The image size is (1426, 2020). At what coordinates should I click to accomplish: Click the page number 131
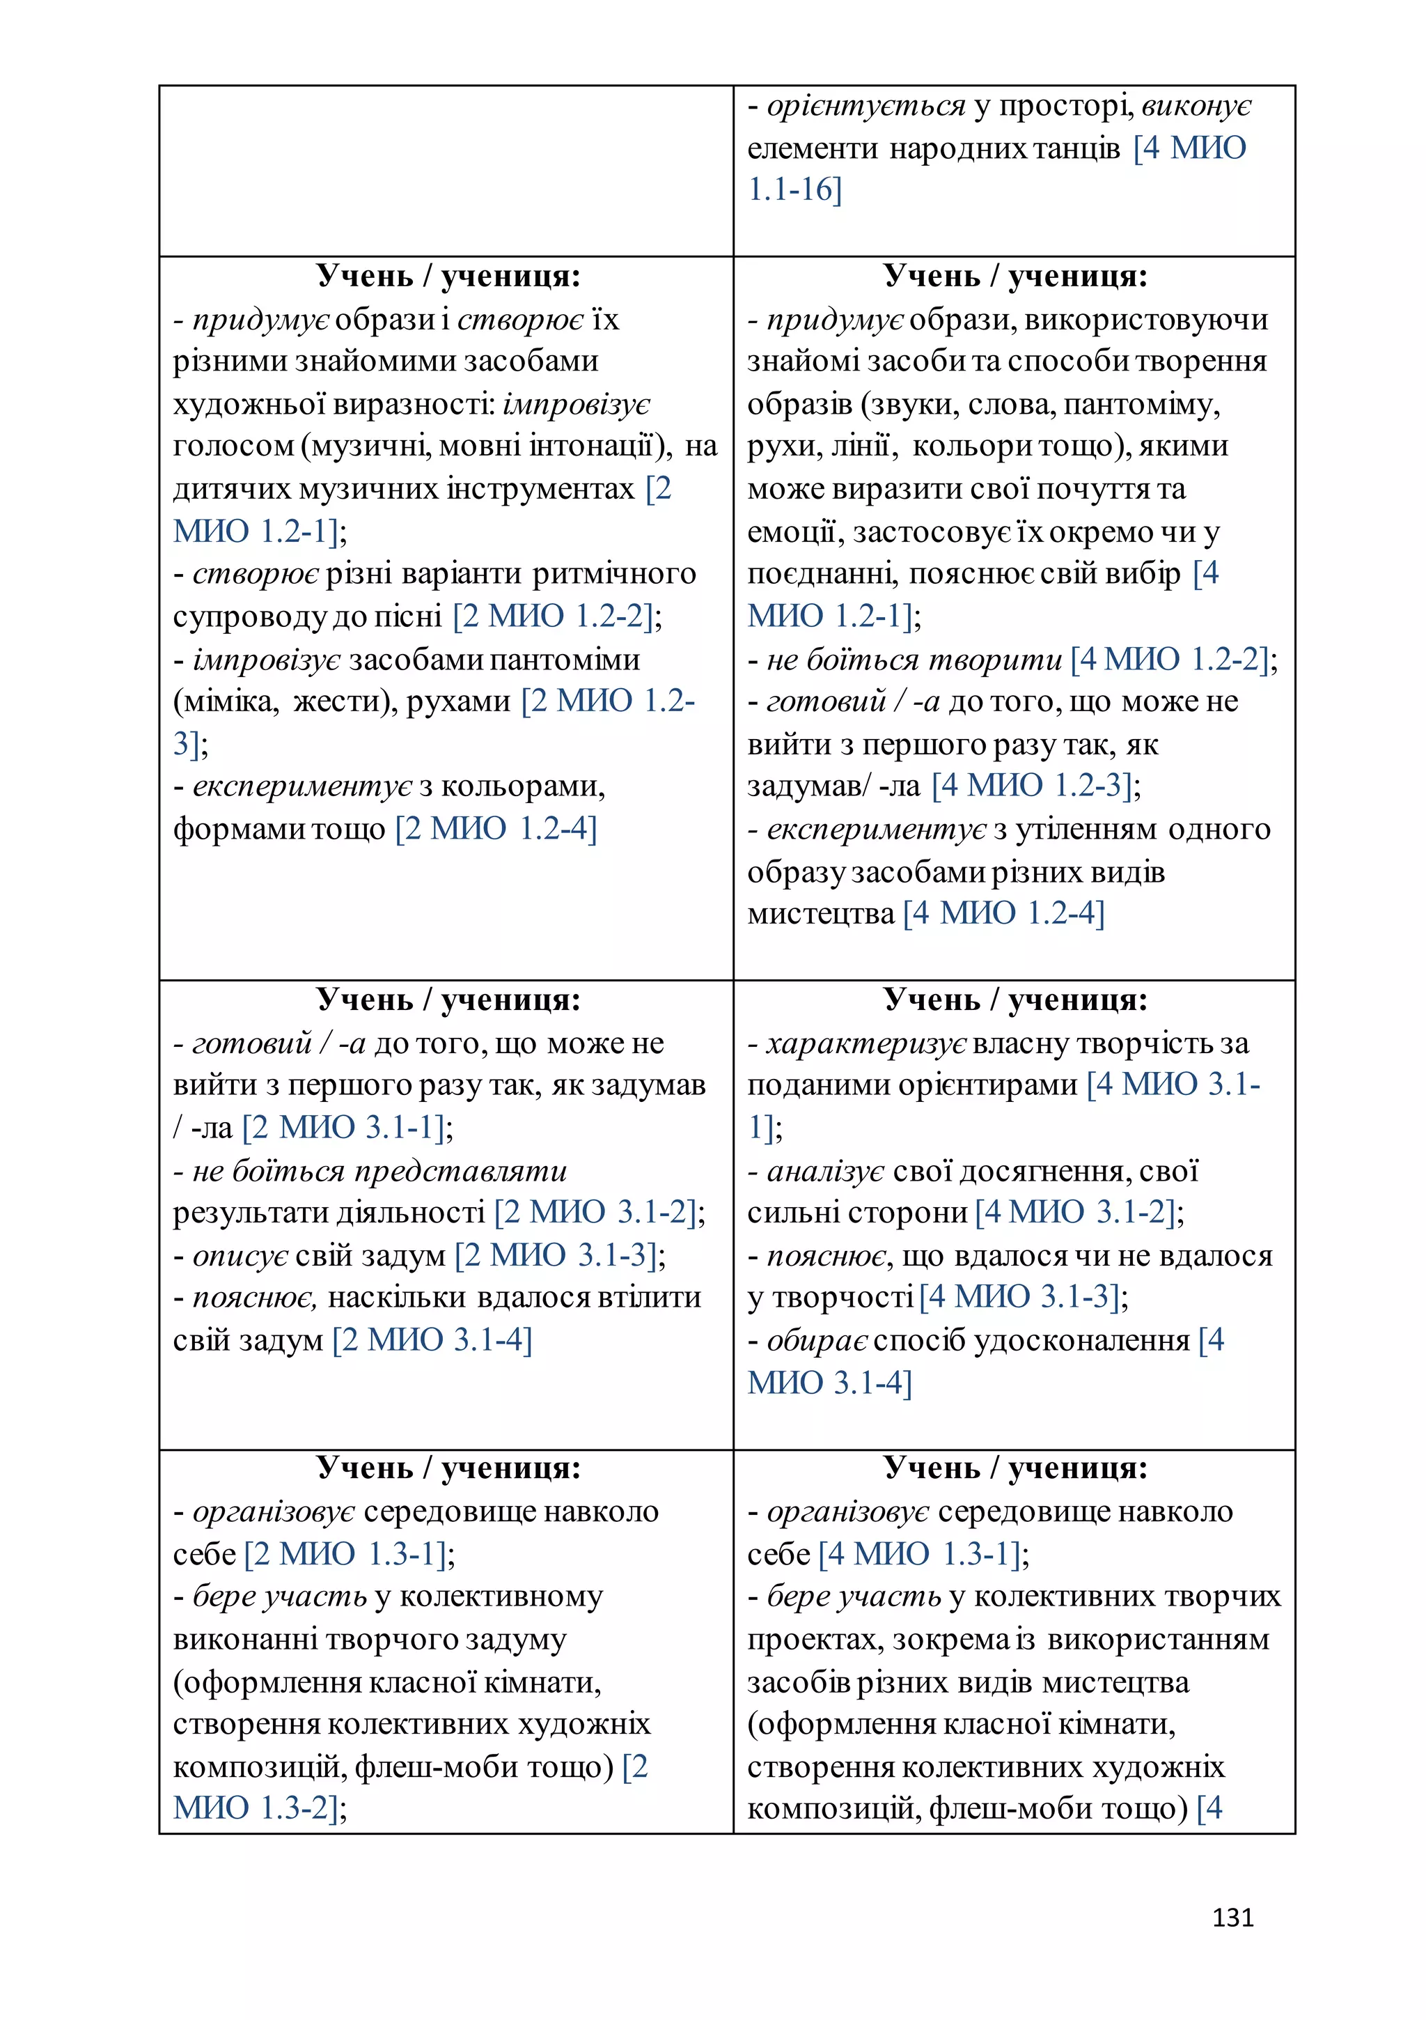(x=1232, y=1917)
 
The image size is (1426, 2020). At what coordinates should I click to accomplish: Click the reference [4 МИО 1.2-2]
(x=1169, y=658)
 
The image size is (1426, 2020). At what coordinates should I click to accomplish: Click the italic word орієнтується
(x=865, y=106)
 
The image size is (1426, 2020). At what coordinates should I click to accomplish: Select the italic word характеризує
(x=865, y=1043)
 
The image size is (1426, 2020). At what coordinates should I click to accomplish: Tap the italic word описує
(x=240, y=1255)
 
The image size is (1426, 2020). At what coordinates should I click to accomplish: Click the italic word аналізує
(x=825, y=1171)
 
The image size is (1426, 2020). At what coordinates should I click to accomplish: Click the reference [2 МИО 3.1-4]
(x=432, y=1340)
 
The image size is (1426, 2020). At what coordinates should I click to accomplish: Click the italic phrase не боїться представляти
(x=379, y=1171)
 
